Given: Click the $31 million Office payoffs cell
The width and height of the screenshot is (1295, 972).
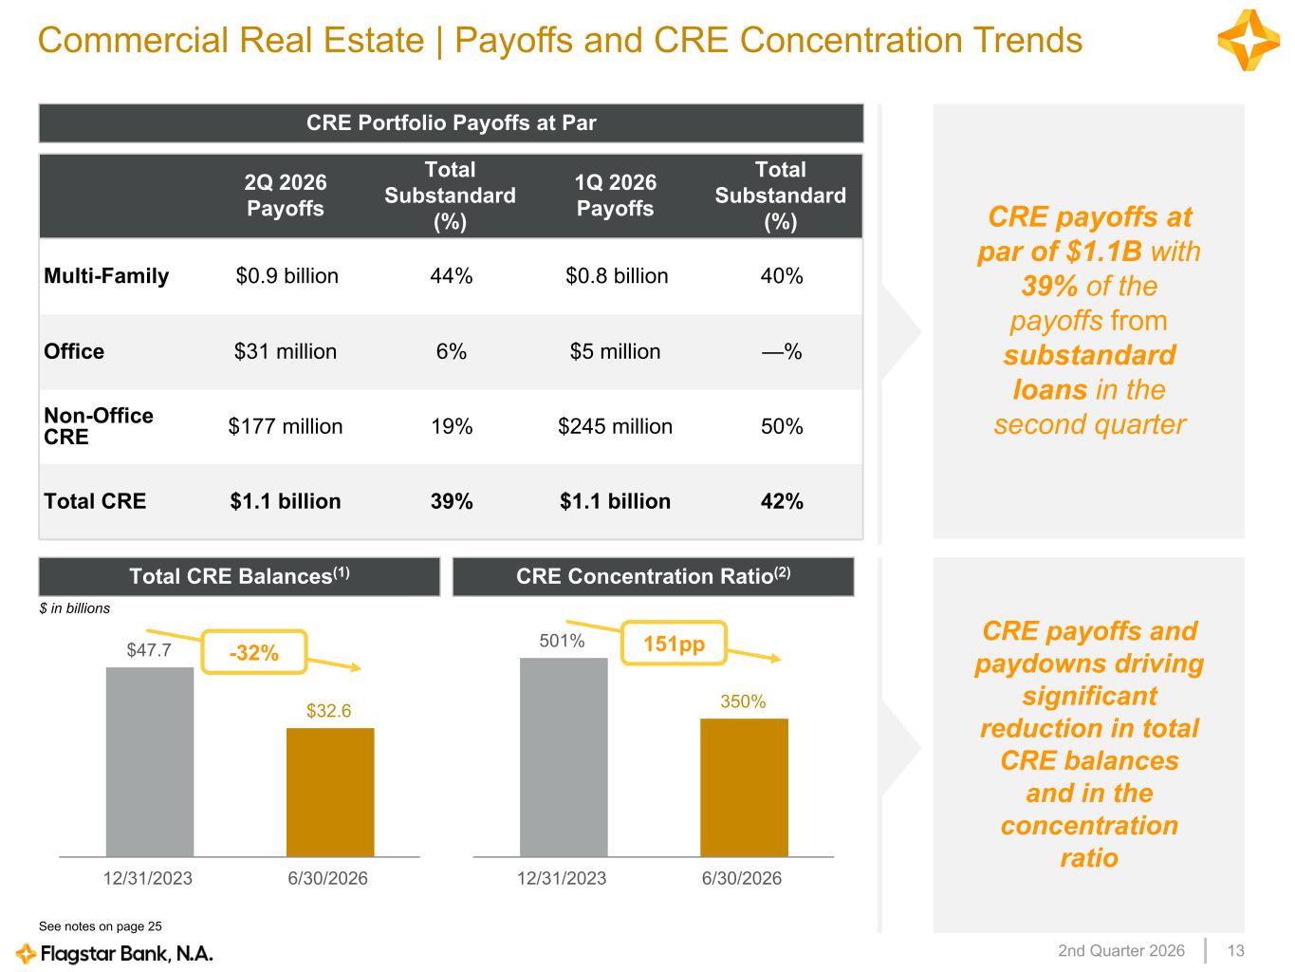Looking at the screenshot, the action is point(285,351).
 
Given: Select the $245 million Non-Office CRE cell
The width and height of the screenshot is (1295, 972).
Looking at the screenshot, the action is point(615,426).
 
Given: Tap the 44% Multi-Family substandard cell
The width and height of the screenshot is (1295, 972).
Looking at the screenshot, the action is point(451,275).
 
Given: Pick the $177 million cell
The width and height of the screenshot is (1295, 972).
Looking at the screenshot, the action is point(285,426).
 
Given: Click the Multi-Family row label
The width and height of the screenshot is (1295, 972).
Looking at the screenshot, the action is point(106,275).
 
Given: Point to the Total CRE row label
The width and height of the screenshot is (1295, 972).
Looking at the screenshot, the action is point(94,501).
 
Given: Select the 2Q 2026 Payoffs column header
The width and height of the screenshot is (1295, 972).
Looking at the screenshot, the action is point(285,195).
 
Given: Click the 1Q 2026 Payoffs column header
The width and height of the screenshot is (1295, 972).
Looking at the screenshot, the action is point(615,195).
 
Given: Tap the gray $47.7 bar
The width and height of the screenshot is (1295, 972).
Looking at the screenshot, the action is point(150,762).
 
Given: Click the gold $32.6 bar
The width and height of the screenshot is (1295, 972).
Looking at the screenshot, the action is point(330,792).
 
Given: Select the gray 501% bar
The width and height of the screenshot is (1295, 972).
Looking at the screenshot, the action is point(564,757).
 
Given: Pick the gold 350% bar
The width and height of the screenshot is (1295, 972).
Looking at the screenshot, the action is point(744,787).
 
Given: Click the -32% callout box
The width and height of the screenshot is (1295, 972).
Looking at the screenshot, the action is point(253,652).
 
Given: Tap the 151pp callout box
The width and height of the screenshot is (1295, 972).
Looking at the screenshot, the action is point(674,644).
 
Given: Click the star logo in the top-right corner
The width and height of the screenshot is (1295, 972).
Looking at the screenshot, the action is point(1249,40).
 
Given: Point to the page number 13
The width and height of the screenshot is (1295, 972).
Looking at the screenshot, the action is point(1235,950).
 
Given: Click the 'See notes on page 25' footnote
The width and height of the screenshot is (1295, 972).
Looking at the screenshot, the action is point(101,926).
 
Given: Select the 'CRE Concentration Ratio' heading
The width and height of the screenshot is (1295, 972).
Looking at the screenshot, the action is point(653,576).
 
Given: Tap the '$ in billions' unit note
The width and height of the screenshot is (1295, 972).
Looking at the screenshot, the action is point(74,608).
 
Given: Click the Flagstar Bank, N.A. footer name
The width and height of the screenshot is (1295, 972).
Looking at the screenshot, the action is point(126,953).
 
